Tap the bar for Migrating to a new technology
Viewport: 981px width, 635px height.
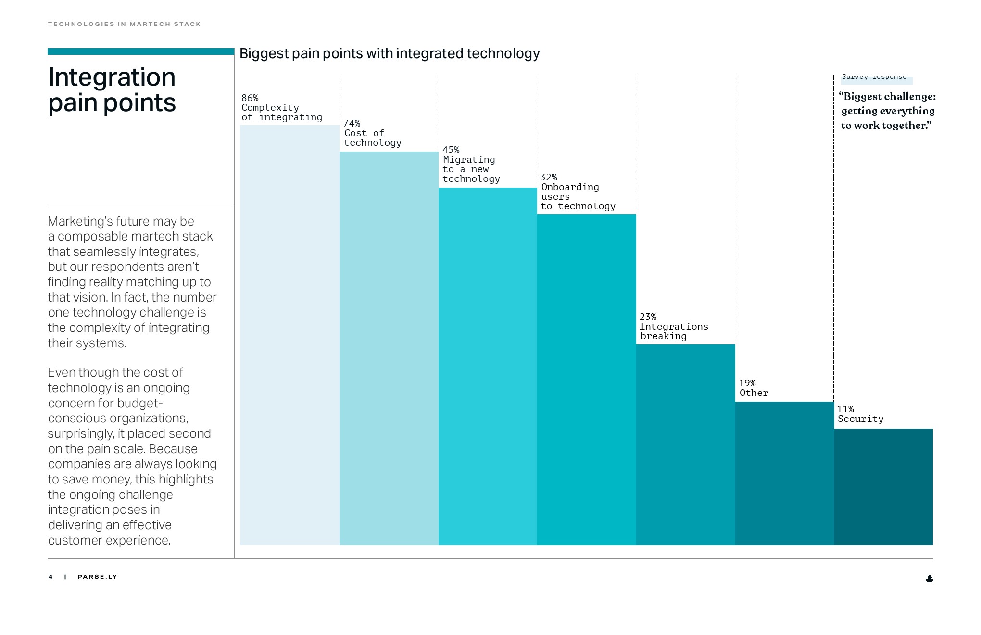(x=488, y=366)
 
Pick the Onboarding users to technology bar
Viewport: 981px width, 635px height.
(x=586, y=380)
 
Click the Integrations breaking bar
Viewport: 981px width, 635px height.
(x=685, y=444)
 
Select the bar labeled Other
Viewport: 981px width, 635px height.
(x=784, y=473)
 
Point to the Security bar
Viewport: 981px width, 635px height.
(x=883, y=487)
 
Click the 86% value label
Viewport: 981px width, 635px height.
(x=250, y=98)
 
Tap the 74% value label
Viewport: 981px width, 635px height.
(x=352, y=124)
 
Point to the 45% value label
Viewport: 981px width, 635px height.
(x=451, y=150)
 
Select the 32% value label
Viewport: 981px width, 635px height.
(x=549, y=178)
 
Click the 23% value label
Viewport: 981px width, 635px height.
(x=648, y=317)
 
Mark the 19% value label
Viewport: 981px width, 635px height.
(x=747, y=383)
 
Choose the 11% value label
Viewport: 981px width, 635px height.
(x=845, y=409)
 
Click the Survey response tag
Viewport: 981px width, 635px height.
(x=874, y=77)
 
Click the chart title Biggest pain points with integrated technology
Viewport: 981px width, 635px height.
(x=390, y=53)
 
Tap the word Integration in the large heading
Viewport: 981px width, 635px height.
(x=112, y=77)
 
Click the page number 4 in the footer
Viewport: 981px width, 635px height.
(x=50, y=577)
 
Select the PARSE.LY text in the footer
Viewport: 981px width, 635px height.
(x=97, y=577)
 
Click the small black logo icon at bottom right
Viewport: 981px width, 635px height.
(x=929, y=578)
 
